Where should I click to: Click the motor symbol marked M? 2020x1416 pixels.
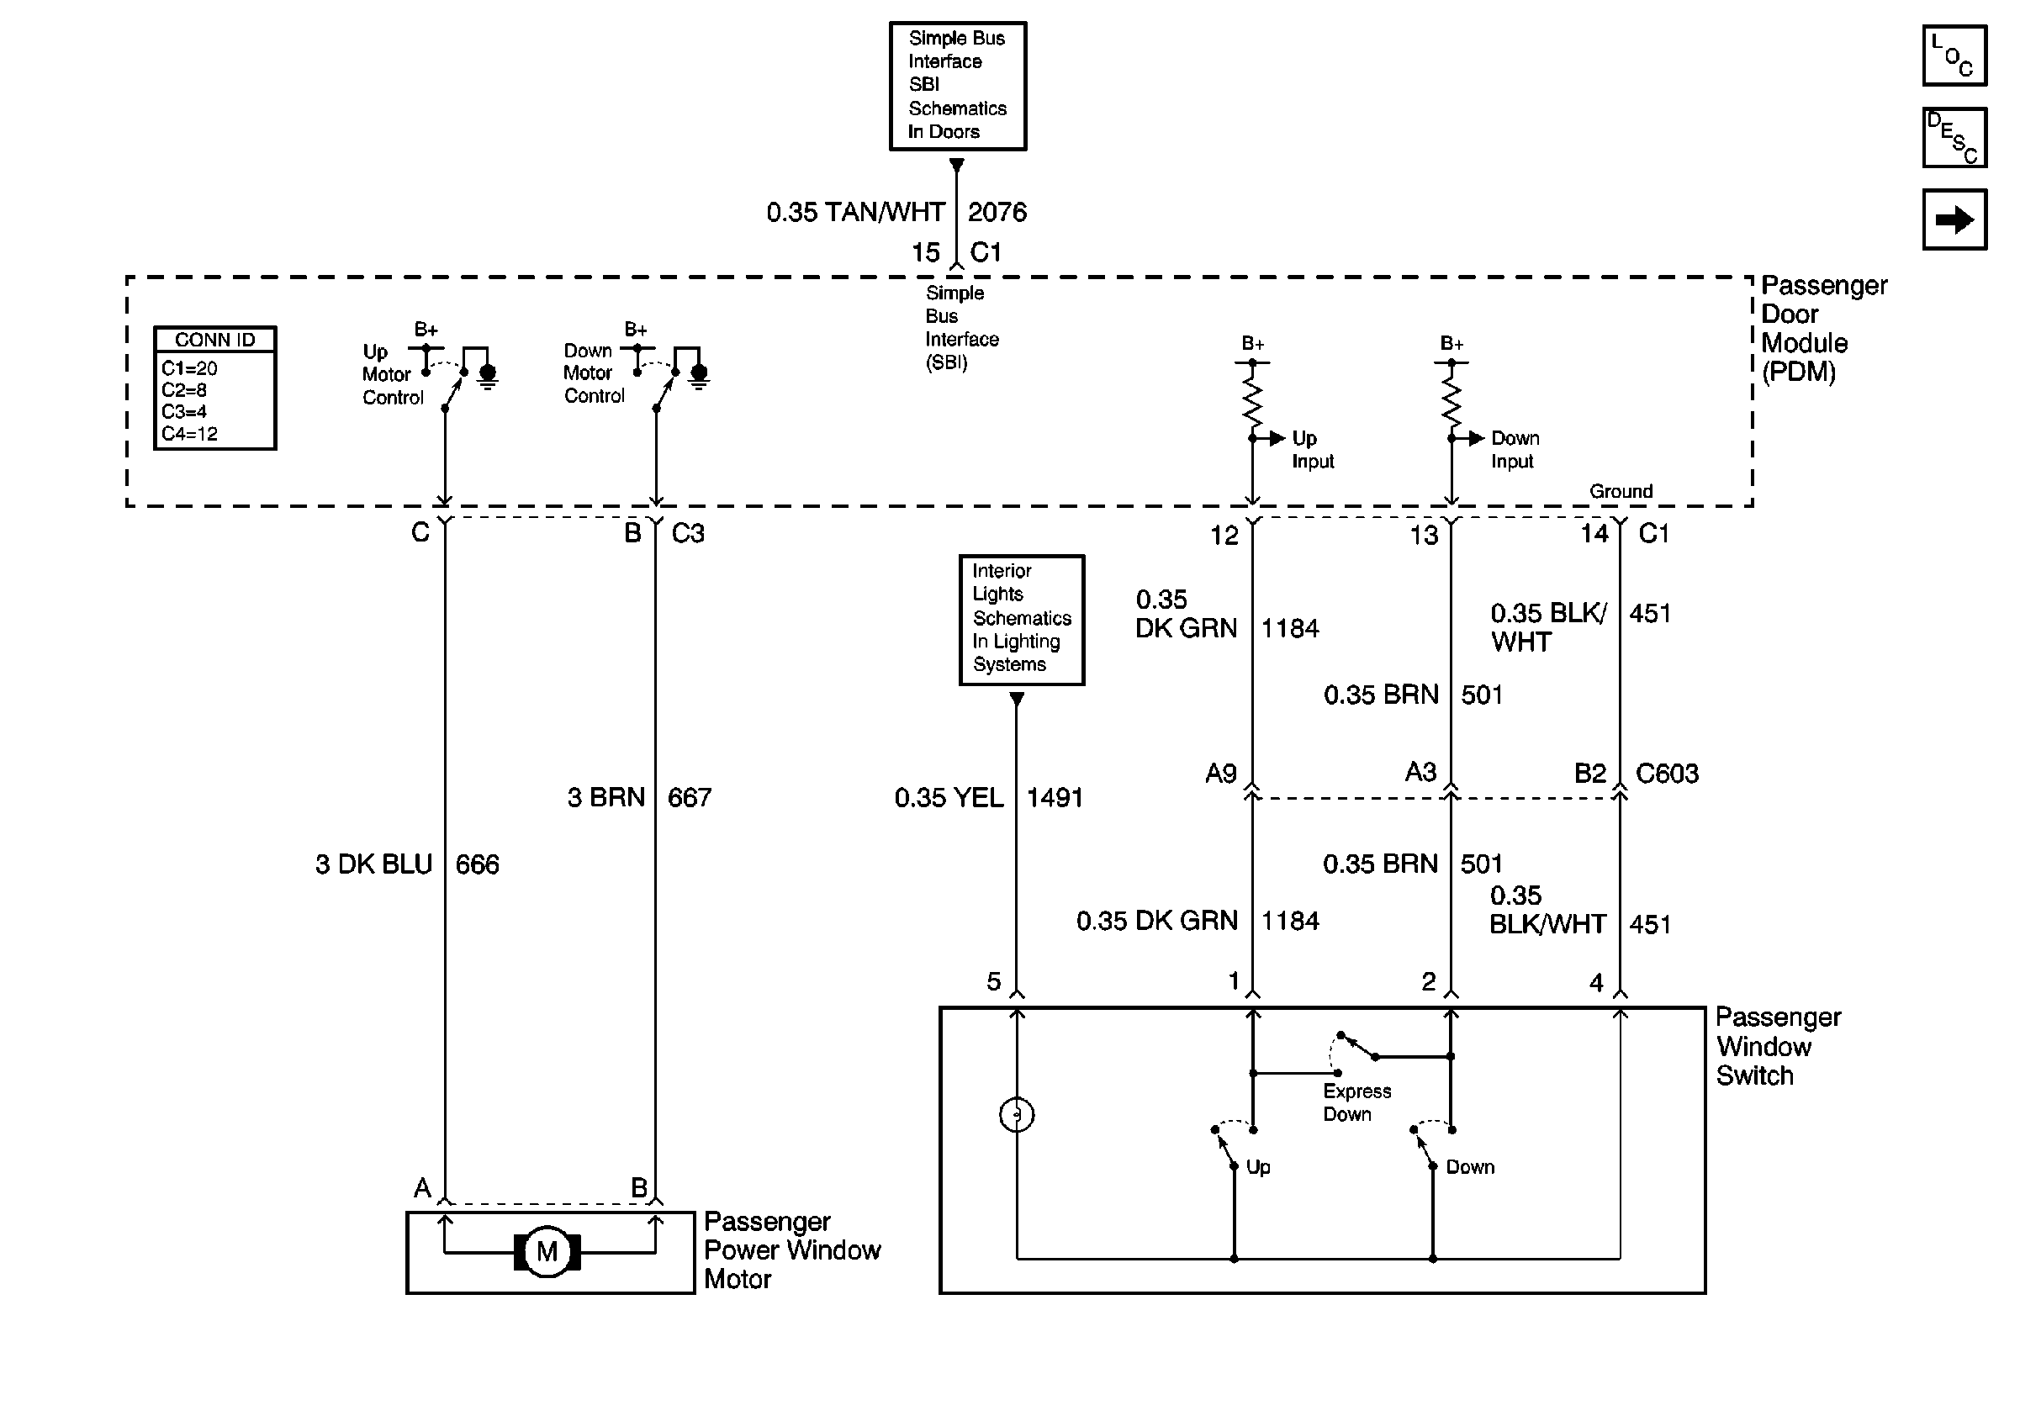click(x=547, y=1250)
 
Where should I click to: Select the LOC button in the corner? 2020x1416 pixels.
click(x=1954, y=55)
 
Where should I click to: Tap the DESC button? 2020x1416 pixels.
click(x=1954, y=137)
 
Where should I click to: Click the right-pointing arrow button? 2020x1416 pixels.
click(x=1954, y=219)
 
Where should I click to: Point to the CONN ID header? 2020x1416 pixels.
click(x=214, y=340)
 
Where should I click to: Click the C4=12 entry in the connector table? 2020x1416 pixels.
click(x=189, y=434)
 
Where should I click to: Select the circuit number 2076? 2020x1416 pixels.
click(x=997, y=212)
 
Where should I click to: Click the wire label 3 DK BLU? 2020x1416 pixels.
click(x=374, y=864)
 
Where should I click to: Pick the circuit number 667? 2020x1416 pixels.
click(x=689, y=797)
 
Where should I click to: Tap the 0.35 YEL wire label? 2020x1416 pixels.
click(x=949, y=797)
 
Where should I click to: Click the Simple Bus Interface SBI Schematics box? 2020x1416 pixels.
click(x=957, y=87)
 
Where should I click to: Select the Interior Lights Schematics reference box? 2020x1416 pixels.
click(x=1022, y=619)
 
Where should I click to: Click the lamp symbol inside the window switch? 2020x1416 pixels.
click(x=1017, y=1115)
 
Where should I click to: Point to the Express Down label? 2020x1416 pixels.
click(x=1356, y=1102)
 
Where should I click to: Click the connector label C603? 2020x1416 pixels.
click(x=1666, y=773)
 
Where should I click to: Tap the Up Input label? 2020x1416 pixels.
click(x=1313, y=449)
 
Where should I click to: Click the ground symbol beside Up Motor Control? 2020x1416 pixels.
click(x=488, y=376)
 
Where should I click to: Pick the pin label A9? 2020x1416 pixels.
click(x=1220, y=773)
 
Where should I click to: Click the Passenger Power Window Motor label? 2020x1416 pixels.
click(x=792, y=1250)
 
